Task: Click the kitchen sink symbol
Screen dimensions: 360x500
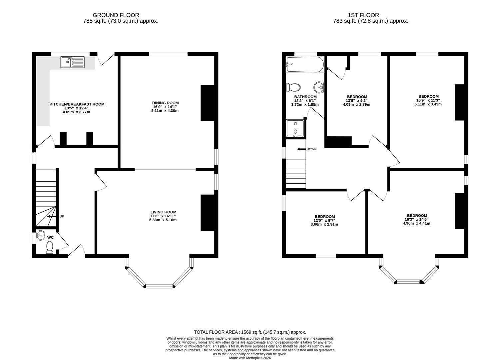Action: [73, 62]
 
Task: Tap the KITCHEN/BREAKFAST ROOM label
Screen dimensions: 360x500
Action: [77, 104]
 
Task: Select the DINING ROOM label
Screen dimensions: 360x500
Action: [165, 103]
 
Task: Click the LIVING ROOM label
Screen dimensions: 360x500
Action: [163, 212]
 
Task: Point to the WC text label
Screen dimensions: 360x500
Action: [51, 237]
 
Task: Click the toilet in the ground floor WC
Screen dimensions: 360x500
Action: [50, 247]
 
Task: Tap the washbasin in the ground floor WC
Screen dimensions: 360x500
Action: [40, 235]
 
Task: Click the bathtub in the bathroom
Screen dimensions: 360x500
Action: [305, 65]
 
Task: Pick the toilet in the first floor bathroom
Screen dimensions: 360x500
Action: [293, 87]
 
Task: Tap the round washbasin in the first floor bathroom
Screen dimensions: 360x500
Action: [319, 87]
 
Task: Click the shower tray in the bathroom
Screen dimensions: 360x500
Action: [295, 128]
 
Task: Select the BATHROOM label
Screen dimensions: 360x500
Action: [305, 97]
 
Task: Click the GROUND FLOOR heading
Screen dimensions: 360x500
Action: [116, 15]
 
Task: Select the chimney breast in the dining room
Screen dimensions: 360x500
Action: [207, 103]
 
